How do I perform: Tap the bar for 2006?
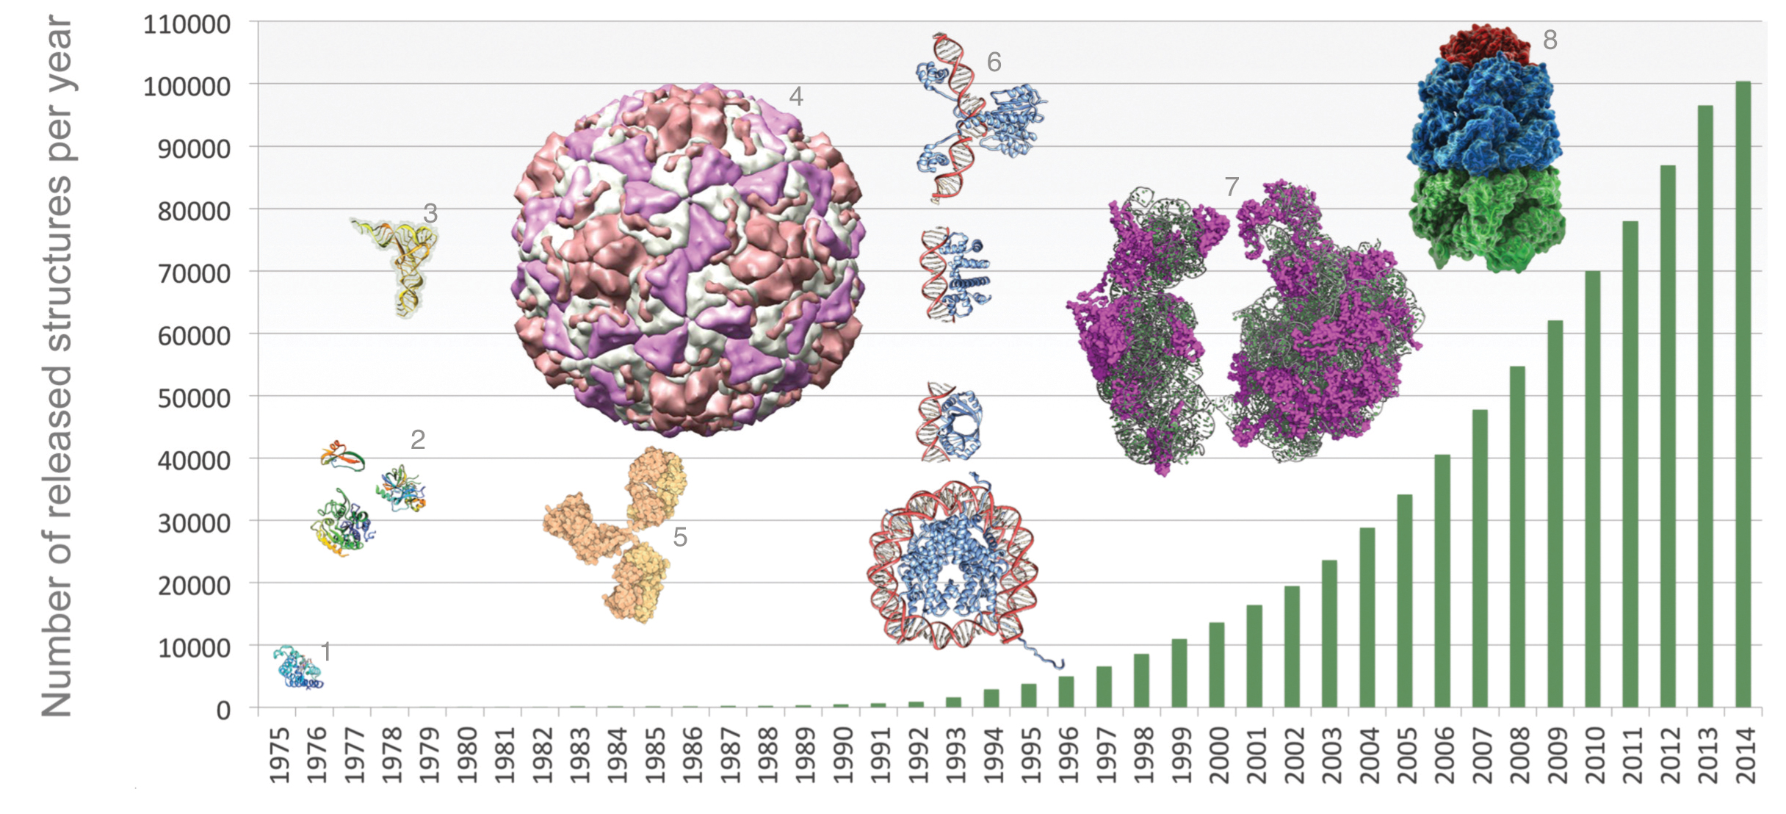1442,581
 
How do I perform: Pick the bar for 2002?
1292,646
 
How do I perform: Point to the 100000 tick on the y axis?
187,87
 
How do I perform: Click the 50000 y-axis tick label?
194,398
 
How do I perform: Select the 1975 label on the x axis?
278,755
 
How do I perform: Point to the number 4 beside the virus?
796,96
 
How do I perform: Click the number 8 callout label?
1550,40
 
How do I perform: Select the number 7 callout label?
1232,187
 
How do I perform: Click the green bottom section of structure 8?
1487,217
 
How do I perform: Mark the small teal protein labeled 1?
297,667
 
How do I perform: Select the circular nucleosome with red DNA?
952,566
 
